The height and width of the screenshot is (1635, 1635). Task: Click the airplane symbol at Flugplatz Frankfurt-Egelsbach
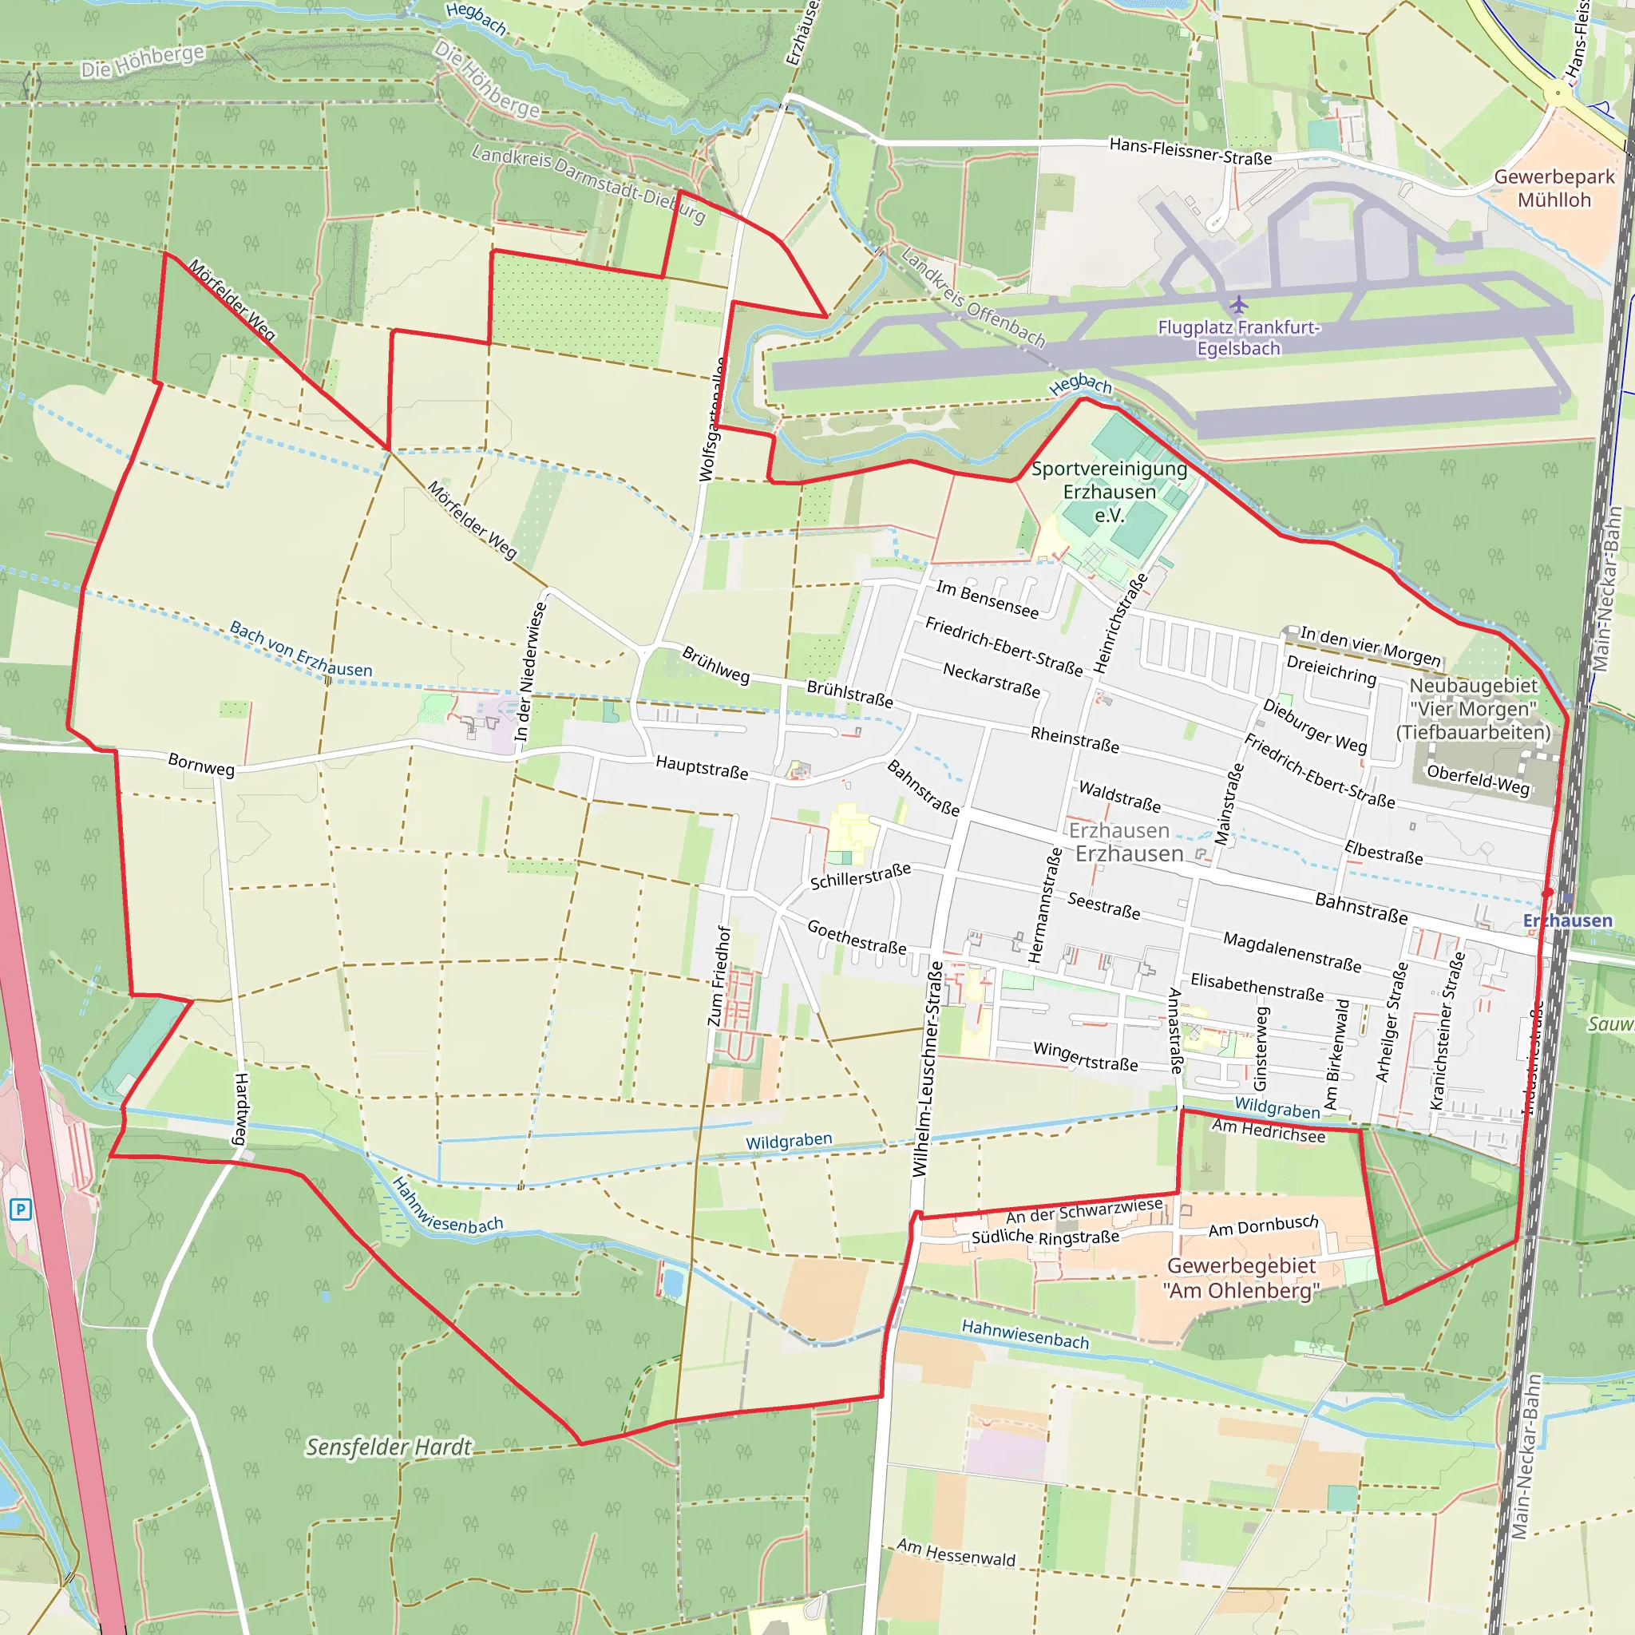(1238, 304)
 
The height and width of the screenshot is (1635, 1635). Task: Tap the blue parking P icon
(20, 1209)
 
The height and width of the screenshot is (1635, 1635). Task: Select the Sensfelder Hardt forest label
(389, 1447)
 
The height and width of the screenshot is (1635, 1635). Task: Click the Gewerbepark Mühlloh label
(1554, 188)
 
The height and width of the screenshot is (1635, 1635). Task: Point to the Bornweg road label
(200, 764)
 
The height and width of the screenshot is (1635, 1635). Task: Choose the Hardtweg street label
(241, 1109)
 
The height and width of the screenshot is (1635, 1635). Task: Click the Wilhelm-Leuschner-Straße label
(928, 1069)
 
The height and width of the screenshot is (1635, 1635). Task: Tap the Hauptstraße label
(702, 767)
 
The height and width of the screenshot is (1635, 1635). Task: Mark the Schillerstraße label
(860, 876)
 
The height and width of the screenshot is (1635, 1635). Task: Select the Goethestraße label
(857, 936)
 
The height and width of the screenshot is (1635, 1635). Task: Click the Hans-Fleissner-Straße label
(1190, 152)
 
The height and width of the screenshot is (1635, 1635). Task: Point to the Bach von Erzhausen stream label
(300, 649)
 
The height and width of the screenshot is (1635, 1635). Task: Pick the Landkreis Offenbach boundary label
(973, 297)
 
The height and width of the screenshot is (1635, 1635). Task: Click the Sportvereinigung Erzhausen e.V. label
(1109, 492)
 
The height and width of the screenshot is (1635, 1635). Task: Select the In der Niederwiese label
(532, 671)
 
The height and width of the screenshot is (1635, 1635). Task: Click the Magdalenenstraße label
(1292, 952)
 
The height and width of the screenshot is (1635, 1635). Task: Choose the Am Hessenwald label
(956, 1553)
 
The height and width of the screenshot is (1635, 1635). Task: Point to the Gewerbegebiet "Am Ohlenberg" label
(1241, 1278)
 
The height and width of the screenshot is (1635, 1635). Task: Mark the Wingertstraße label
(1085, 1056)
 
